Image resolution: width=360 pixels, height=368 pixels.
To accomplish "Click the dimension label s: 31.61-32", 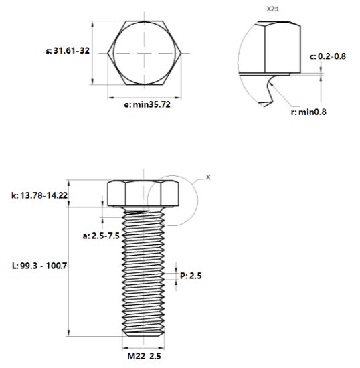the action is (68, 50).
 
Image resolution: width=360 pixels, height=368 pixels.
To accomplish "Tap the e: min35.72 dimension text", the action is (147, 104).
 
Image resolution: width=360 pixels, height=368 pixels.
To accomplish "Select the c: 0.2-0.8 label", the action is (328, 56).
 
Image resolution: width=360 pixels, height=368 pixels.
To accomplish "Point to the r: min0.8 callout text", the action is (308, 112).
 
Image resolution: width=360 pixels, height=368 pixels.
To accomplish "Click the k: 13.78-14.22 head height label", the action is (39, 195).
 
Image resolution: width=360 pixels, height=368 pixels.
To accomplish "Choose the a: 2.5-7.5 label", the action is (101, 236).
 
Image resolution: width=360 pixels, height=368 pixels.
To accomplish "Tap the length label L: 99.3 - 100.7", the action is (39, 266).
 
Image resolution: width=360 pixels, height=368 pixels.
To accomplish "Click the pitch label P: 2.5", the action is (191, 276).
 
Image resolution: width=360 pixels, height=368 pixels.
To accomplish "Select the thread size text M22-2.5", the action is (144, 356).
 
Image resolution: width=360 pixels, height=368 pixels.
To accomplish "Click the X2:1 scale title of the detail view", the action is (273, 9).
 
